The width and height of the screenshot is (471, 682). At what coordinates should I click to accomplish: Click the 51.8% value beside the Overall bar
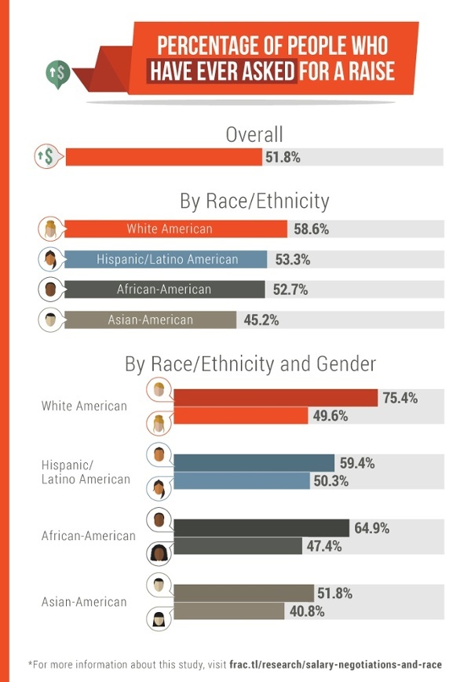283,157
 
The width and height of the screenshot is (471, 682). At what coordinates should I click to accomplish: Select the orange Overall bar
163,157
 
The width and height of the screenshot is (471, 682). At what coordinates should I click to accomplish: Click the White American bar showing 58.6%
175,229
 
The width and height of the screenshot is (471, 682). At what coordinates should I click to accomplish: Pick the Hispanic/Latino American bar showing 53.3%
166,260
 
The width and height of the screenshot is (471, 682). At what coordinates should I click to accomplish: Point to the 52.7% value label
290,290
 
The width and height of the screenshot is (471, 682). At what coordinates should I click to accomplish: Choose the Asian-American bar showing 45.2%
150,319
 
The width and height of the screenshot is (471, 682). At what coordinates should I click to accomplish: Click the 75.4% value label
400,398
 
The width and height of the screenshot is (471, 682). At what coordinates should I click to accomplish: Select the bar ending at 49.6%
240,416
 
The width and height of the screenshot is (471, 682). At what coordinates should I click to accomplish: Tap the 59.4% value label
357,463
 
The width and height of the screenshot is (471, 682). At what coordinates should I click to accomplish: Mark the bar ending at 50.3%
241,481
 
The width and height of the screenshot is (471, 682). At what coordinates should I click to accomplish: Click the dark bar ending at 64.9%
261,528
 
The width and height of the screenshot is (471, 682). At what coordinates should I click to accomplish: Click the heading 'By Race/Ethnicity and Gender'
250,364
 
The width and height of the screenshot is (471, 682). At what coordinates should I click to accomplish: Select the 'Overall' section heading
254,134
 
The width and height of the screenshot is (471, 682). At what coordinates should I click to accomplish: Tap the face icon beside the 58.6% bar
50,229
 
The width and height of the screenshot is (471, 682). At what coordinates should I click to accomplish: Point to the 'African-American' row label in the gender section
88,536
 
